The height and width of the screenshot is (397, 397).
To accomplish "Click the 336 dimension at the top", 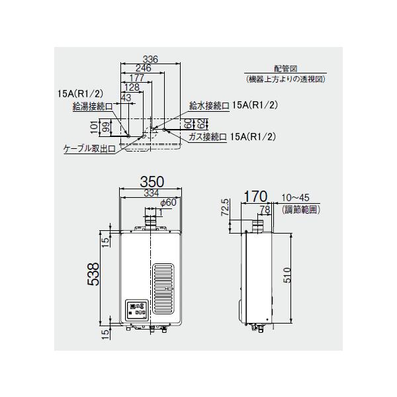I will tap(150, 60).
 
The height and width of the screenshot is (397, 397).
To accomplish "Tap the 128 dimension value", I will tap(131, 87).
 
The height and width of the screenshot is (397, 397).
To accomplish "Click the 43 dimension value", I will tap(126, 97).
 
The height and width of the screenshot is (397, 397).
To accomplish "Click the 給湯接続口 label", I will tap(88, 105).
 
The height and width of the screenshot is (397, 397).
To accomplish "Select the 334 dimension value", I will tap(151, 193).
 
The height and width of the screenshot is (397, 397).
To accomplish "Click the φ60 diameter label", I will tap(167, 202).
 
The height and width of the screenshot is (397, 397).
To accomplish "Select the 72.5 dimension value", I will tap(225, 208).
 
